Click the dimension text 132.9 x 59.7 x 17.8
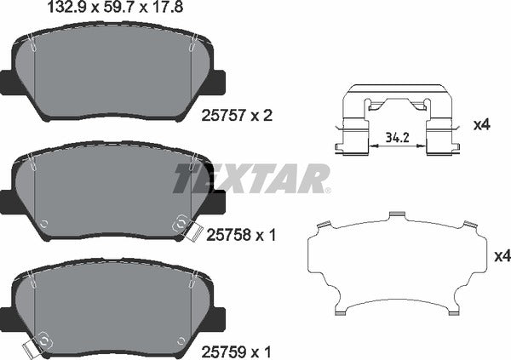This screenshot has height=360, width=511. click(x=95, y=9)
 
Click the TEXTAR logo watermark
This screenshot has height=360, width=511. click(x=251, y=179)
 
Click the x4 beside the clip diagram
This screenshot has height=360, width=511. click(x=483, y=125)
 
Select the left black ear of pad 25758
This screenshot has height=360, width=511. click(x=5, y=202)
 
